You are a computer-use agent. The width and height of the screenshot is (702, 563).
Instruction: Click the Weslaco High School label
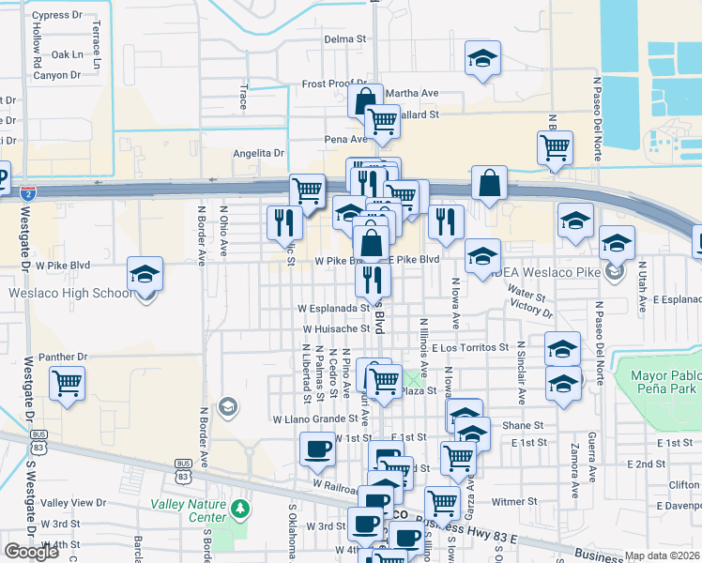point(71,293)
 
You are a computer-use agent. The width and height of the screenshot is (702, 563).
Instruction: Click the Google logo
point(32,552)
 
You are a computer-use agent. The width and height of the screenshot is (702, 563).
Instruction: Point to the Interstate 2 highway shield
point(29,193)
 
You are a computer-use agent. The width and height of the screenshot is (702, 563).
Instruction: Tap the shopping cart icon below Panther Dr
point(68,383)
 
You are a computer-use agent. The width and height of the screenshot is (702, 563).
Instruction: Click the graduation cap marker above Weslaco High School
point(145,273)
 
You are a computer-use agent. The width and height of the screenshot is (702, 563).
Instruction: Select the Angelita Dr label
point(259,153)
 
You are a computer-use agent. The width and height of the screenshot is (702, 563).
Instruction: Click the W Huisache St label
point(336,329)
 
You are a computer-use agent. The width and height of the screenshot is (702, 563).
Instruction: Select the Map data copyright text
point(663,555)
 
